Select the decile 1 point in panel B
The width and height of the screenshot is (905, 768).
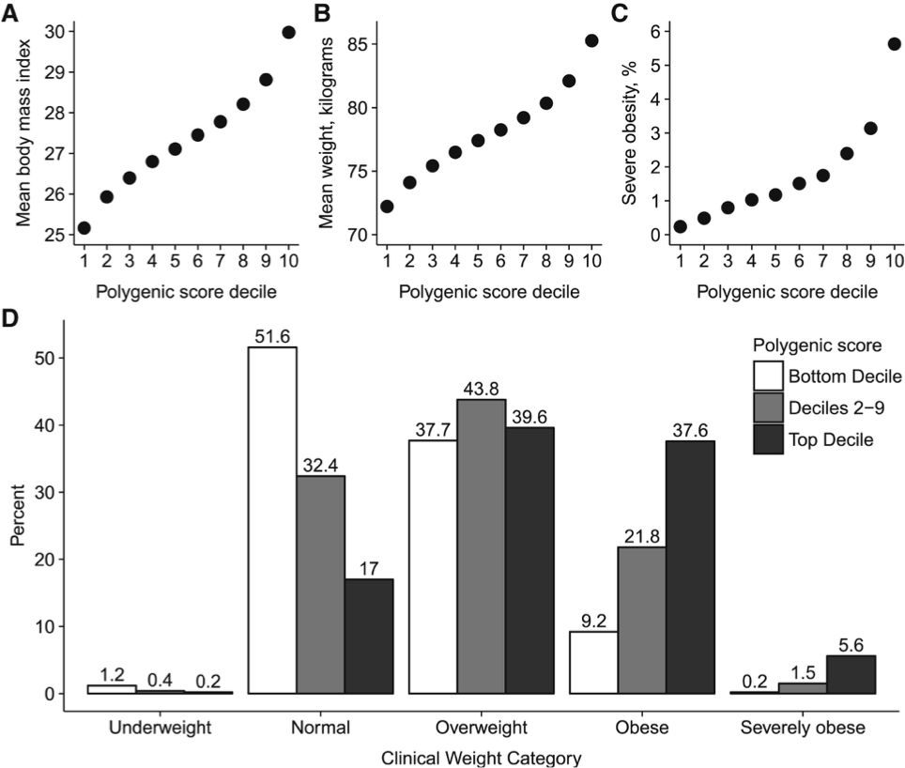[x=387, y=207]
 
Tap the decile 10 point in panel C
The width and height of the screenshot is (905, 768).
[x=894, y=44]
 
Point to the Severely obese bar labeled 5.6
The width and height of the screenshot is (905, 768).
[x=851, y=674]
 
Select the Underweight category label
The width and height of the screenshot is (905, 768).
[x=160, y=727]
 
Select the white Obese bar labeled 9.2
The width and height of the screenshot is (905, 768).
[x=594, y=662]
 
